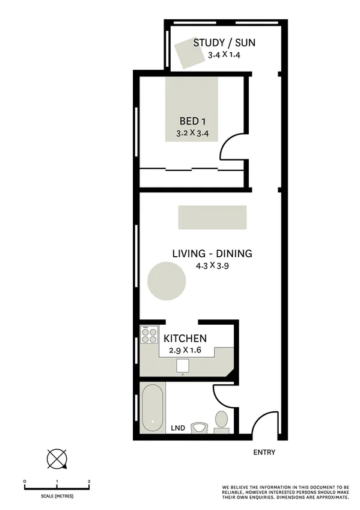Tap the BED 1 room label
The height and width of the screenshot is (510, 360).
point(192,120)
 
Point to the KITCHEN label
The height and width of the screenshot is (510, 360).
point(185,339)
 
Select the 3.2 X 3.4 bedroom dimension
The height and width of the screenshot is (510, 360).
point(192,133)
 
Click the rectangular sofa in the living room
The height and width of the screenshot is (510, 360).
point(212,217)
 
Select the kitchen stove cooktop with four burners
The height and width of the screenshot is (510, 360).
point(148,335)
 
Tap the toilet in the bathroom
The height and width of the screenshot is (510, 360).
point(221,420)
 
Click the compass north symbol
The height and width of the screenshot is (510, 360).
point(57,459)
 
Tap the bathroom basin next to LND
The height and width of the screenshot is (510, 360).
point(198,428)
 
